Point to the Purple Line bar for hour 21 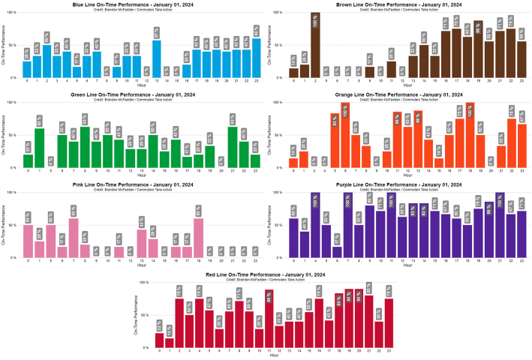click(x=500, y=225)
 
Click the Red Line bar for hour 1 click(x=170, y=341)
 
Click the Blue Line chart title click(x=133, y=4)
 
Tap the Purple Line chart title click(x=406, y=184)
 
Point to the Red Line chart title click(x=268, y=275)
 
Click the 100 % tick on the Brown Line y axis click(x=278, y=13)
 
